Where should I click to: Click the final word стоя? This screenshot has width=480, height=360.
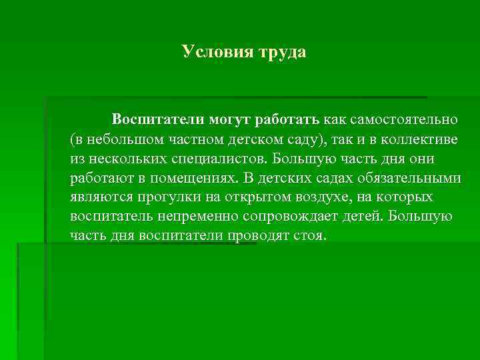click(x=311, y=236)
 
